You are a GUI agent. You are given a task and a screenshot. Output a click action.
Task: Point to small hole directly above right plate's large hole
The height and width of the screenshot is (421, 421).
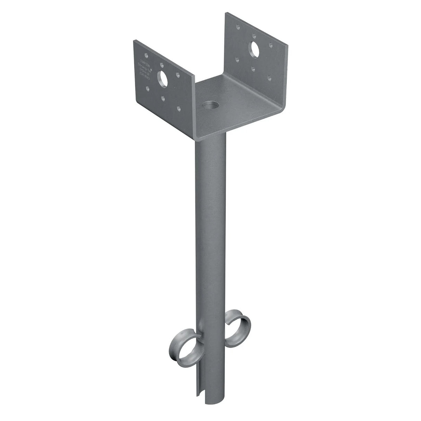click(x=254, y=35)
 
